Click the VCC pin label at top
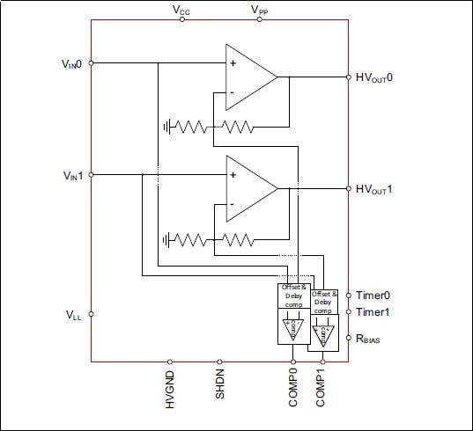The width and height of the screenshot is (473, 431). (x=181, y=10)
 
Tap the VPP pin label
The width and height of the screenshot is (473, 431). (x=260, y=10)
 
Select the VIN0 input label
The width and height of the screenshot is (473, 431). (x=70, y=62)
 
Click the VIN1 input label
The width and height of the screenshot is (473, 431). (x=70, y=175)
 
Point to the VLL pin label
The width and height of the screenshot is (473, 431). (x=74, y=313)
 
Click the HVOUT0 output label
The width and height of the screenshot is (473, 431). (x=381, y=77)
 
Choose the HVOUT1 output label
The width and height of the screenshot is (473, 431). (x=381, y=189)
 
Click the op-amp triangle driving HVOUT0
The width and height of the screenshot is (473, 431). (x=246, y=77)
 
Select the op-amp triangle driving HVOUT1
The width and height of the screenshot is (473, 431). (x=246, y=189)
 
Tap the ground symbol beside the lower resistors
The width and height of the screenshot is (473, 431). (x=166, y=238)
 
